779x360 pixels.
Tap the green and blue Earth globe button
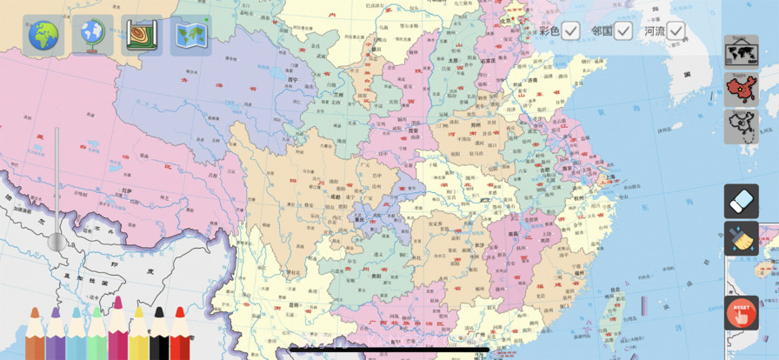tap(43, 36)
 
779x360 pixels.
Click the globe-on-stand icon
tap(92, 36)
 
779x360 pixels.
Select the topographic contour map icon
tap(142, 36)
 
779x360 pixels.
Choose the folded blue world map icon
tap(190, 36)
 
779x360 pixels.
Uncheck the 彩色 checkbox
tap(570, 31)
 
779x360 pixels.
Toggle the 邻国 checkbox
tap(623, 31)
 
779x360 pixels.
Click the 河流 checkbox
tap(676, 31)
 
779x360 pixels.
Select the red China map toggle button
tap(741, 90)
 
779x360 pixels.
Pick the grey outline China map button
tap(741, 127)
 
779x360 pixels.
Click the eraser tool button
tap(741, 202)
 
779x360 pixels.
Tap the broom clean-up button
tap(741, 238)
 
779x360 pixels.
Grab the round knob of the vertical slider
tap(57, 242)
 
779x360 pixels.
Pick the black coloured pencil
tap(158, 335)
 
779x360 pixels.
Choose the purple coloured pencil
tap(55, 335)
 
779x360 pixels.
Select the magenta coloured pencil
tap(117, 330)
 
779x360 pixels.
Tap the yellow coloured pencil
tap(137, 335)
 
